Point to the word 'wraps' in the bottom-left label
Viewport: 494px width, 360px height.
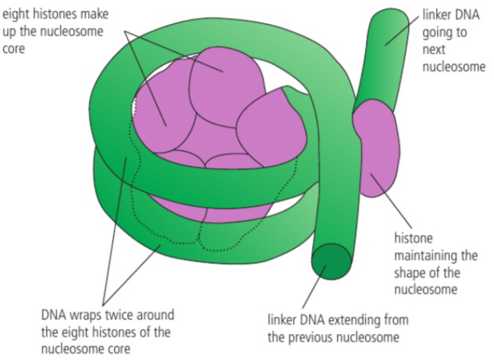click(84, 315)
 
